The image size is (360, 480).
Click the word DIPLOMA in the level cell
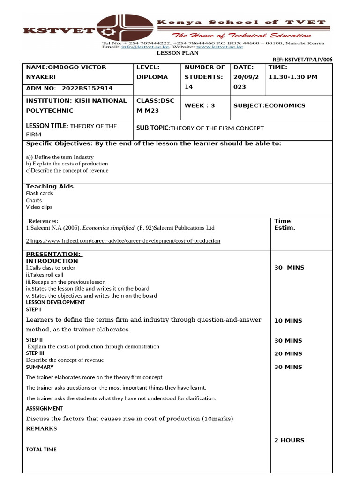152,77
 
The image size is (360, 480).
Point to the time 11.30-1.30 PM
292,77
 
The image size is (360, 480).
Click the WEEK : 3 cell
200,105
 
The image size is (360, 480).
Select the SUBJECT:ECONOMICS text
269,105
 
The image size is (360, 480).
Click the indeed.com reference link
123,241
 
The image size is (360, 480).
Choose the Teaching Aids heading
50,186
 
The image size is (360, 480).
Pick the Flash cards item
39,193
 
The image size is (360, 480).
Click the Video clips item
39,207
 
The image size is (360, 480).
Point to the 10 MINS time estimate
288,321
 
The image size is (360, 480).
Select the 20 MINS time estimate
288,354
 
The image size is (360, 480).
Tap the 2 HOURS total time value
289,440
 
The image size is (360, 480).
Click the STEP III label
35,353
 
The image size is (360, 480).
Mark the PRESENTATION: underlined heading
53,254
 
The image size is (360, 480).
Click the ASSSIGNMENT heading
45,409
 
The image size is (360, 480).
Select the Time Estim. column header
285,225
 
